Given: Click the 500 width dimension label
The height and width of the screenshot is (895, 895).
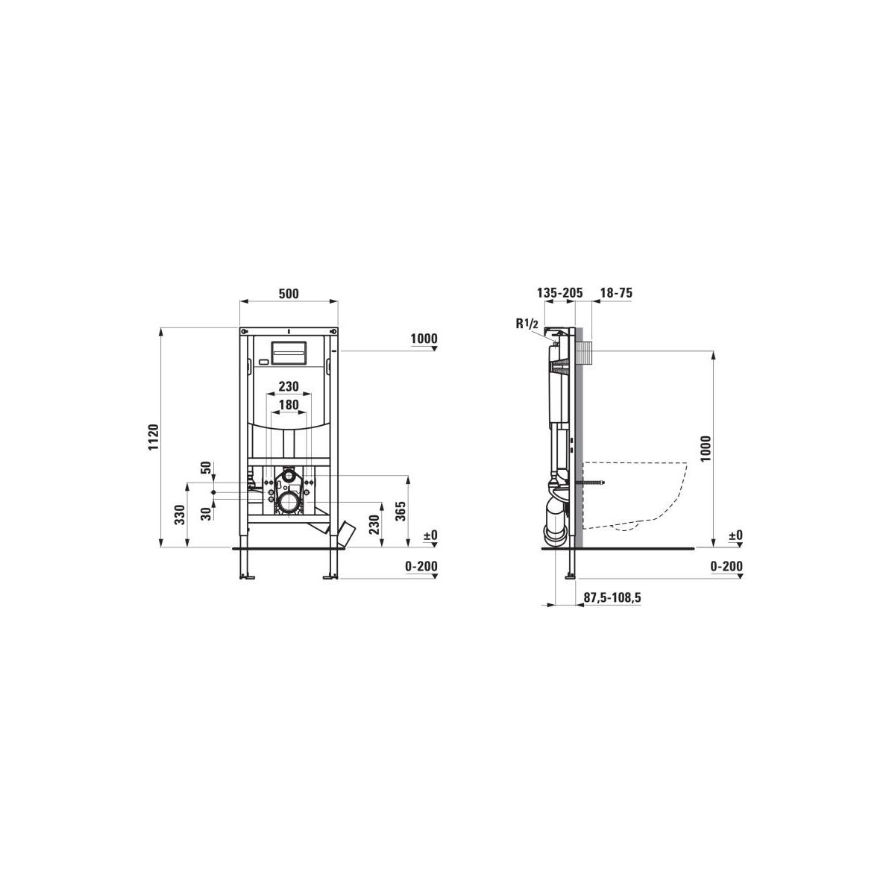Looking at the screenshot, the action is [x=289, y=294].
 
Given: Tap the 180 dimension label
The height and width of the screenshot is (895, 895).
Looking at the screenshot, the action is [x=289, y=405].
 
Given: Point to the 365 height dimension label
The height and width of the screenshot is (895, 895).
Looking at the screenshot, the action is [x=401, y=511].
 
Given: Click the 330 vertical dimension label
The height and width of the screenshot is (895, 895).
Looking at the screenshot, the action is [x=180, y=515].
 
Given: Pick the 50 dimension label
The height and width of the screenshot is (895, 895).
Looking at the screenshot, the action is [x=206, y=467].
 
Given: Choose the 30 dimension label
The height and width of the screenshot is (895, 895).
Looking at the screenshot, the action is [x=206, y=513].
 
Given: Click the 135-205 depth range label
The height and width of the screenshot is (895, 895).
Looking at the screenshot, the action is [x=559, y=293].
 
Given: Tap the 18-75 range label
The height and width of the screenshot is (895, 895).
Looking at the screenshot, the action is [x=616, y=293].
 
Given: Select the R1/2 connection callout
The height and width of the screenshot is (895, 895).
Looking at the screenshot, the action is [x=527, y=324].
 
